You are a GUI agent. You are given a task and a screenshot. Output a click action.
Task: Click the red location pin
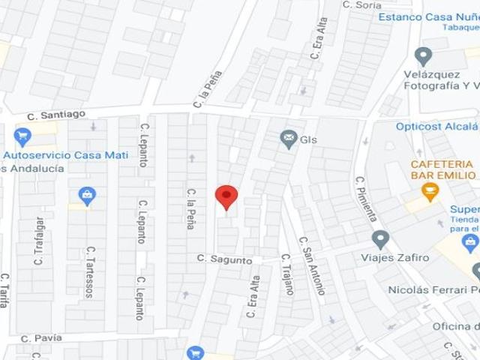point(226,197)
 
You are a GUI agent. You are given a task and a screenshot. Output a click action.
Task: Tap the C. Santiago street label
point(56,115)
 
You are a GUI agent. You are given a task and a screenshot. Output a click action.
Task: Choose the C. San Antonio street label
point(313,265)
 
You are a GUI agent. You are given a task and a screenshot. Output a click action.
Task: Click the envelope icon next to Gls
point(288,139)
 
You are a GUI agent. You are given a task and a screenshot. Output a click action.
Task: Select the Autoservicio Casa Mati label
point(65,155)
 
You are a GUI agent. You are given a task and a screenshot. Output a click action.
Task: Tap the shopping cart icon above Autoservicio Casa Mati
point(22,137)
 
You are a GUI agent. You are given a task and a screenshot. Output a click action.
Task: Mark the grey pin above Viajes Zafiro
point(381,240)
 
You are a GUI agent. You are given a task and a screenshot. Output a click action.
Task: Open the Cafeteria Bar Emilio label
point(441,169)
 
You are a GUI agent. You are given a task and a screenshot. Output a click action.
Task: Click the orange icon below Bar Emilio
point(430,193)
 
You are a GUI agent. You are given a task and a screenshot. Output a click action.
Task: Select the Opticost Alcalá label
point(437,127)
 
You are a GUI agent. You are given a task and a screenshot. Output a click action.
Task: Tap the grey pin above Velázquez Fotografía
point(424,56)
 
